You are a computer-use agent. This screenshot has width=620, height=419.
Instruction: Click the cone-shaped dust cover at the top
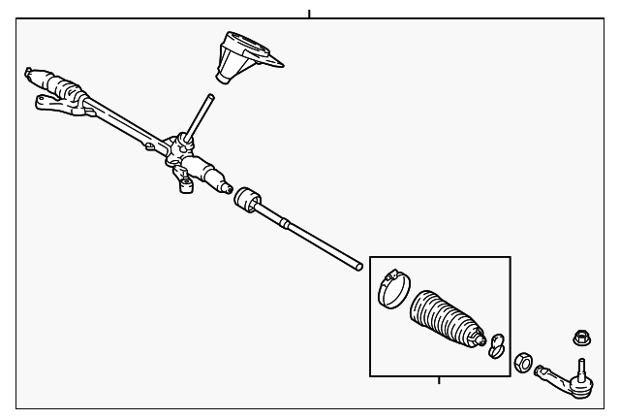(237, 60)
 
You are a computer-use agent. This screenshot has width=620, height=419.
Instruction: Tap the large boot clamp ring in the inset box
(392, 288)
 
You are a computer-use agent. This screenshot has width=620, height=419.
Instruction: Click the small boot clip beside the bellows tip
(497, 343)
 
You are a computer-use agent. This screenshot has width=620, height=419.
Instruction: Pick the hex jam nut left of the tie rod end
(522, 359)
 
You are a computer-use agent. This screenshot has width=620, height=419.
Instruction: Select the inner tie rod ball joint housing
(249, 198)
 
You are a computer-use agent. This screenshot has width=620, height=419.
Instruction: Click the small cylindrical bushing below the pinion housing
(183, 184)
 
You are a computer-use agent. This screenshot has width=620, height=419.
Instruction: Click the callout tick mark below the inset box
(439, 381)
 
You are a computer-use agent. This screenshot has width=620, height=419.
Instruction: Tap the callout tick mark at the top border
(309, 15)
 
